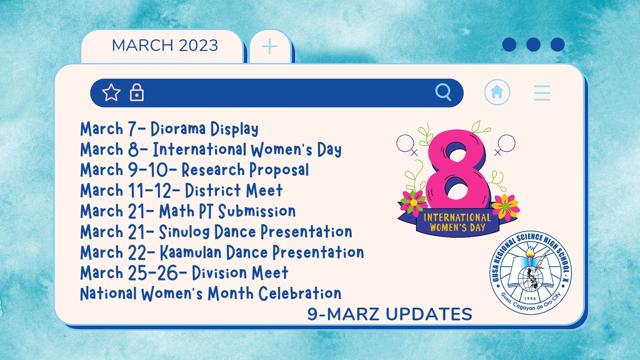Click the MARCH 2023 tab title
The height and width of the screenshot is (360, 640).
(165, 45)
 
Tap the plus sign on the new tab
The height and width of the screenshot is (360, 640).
(270, 46)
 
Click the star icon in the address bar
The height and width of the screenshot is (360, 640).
(111, 92)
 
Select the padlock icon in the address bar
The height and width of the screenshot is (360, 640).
(137, 92)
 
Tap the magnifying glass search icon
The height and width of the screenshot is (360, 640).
(443, 92)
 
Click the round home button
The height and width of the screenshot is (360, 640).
(497, 92)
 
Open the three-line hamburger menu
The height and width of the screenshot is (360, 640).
(542, 93)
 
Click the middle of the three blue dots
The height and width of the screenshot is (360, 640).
(533, 45)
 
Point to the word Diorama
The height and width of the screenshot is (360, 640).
(178, 129)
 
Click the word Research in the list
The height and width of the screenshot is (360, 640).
(213, 170)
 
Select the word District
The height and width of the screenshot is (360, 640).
(213, 190)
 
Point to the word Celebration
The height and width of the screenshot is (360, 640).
(300, 293)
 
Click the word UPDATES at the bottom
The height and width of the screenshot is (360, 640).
(429, 314)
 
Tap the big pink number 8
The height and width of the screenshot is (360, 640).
(457, 170)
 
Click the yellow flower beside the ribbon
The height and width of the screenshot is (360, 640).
(505, 207)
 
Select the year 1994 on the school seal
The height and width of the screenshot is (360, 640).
(530, 298)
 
